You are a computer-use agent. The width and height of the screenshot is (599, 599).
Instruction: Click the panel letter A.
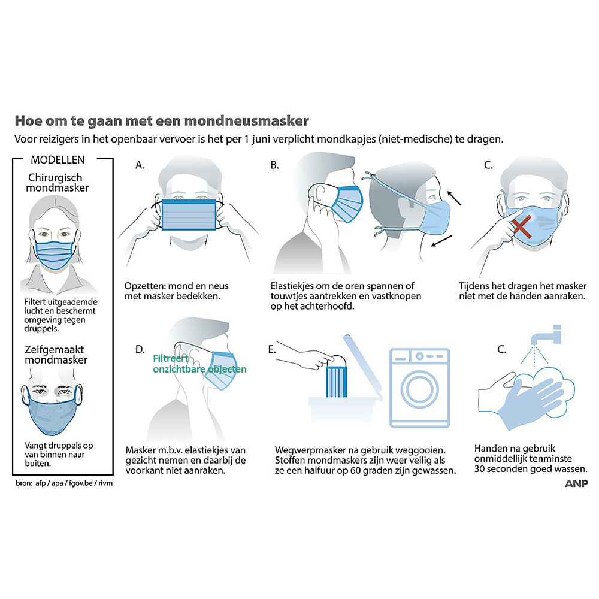[140, 165]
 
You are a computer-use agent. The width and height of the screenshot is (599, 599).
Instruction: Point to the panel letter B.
[274, 165]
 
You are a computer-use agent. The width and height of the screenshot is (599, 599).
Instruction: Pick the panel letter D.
[140, 349]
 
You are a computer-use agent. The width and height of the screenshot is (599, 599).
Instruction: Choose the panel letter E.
[272, 349]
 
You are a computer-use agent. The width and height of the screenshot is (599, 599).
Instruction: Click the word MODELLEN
[58, 159]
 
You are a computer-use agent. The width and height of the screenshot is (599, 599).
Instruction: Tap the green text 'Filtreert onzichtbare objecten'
[199, 364]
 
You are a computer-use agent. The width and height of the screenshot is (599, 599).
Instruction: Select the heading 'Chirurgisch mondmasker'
[55, 183]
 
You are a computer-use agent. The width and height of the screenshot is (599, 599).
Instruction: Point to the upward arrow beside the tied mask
[454, 197]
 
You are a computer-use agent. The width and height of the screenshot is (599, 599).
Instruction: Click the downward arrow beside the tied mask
[443, 241]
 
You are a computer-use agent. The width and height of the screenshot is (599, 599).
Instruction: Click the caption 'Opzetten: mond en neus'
[176, 286]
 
